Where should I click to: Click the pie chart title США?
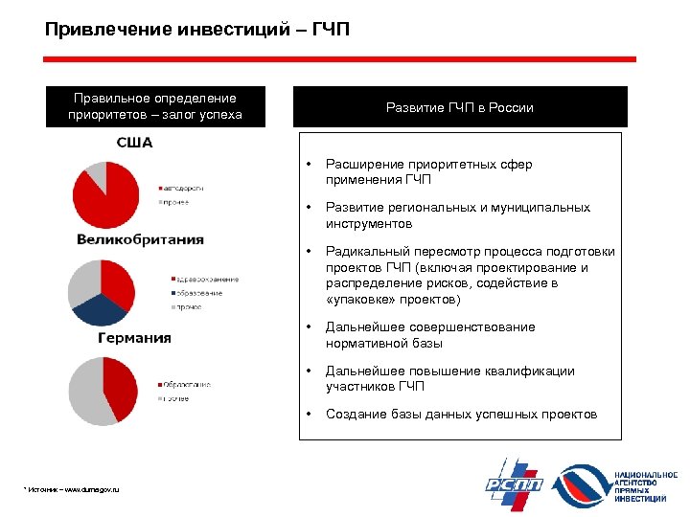(134, 143)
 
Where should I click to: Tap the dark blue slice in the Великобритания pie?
(99, 310)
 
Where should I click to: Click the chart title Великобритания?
(140, 238)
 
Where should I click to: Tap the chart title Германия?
(134, 338)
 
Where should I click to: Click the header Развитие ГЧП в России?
(460, 107)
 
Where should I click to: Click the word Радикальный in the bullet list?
(364, 252)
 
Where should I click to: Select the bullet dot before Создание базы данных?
(308, 414)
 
